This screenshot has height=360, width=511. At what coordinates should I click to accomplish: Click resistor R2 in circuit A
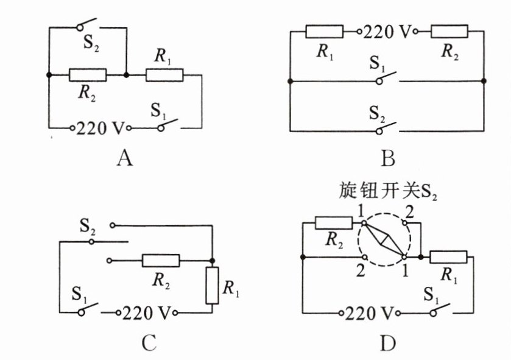click(x=88, y=75)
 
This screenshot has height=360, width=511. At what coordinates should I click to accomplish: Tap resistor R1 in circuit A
click(x=164, y=75)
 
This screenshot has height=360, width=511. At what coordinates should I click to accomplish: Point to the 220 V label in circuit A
click(x=101, y=129)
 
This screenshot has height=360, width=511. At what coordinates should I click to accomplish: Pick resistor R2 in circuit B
click(x=449, y=31)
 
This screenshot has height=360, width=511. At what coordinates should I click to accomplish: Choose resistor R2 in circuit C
click(x=161, y=261)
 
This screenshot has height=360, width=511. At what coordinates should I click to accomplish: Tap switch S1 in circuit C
click(x=88, y=311)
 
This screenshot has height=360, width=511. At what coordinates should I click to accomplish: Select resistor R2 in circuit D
click(x=334, y=223)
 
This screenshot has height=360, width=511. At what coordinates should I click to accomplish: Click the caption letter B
click(x=388, y=160)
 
